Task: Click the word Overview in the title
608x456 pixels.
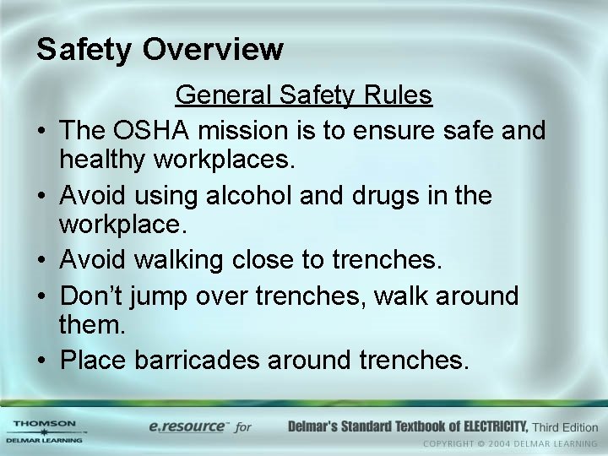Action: (x=213, y=49)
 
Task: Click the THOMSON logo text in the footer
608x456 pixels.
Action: (x=44, y=424)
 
